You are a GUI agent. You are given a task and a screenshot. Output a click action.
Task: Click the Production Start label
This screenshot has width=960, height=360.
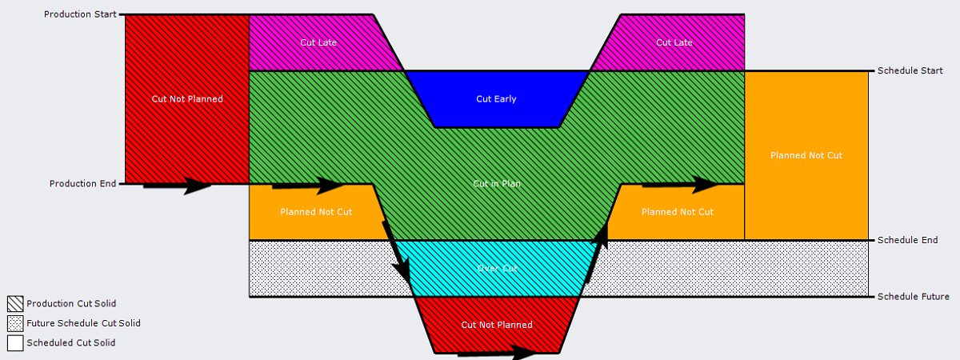tap(80, 14)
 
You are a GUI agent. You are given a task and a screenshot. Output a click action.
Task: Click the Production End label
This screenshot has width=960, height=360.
tap(83, 184)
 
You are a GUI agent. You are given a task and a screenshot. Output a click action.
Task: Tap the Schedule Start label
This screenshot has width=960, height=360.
tap(910, 71)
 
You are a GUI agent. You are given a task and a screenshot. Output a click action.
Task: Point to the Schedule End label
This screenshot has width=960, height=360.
tap(907, 240)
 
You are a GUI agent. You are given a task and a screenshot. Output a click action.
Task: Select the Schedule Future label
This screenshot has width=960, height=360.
tap(913, 297)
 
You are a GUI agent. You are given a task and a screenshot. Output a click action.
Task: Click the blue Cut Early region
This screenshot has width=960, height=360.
tap(496, 99)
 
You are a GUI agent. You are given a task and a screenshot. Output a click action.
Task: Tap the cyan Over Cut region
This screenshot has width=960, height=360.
tap(496, 269)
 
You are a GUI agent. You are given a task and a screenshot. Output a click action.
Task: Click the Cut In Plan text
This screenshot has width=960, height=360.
tap(497, 184)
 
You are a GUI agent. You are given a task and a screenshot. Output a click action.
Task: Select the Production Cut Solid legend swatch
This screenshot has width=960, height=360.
tap(14, 304)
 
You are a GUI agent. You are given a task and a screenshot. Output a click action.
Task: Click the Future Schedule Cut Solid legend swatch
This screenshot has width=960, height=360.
tap(14, 324)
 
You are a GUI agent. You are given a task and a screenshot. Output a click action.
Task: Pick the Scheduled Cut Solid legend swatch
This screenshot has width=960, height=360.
tap(14, 343)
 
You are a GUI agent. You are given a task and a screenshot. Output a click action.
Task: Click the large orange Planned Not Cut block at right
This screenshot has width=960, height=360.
tap(806, 155)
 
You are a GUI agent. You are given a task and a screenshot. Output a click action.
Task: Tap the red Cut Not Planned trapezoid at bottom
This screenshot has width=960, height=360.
tap(496, 325)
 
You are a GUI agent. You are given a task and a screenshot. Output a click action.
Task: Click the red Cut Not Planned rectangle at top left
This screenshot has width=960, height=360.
tap(187, 99)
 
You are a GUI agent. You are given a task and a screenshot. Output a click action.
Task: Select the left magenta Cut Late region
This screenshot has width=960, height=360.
tap(318, 42)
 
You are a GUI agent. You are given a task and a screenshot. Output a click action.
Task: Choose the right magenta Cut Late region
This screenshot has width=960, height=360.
tap(674, 42)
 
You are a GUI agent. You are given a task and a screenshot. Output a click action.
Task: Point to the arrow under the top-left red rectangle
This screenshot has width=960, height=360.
tap(178, 186)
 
